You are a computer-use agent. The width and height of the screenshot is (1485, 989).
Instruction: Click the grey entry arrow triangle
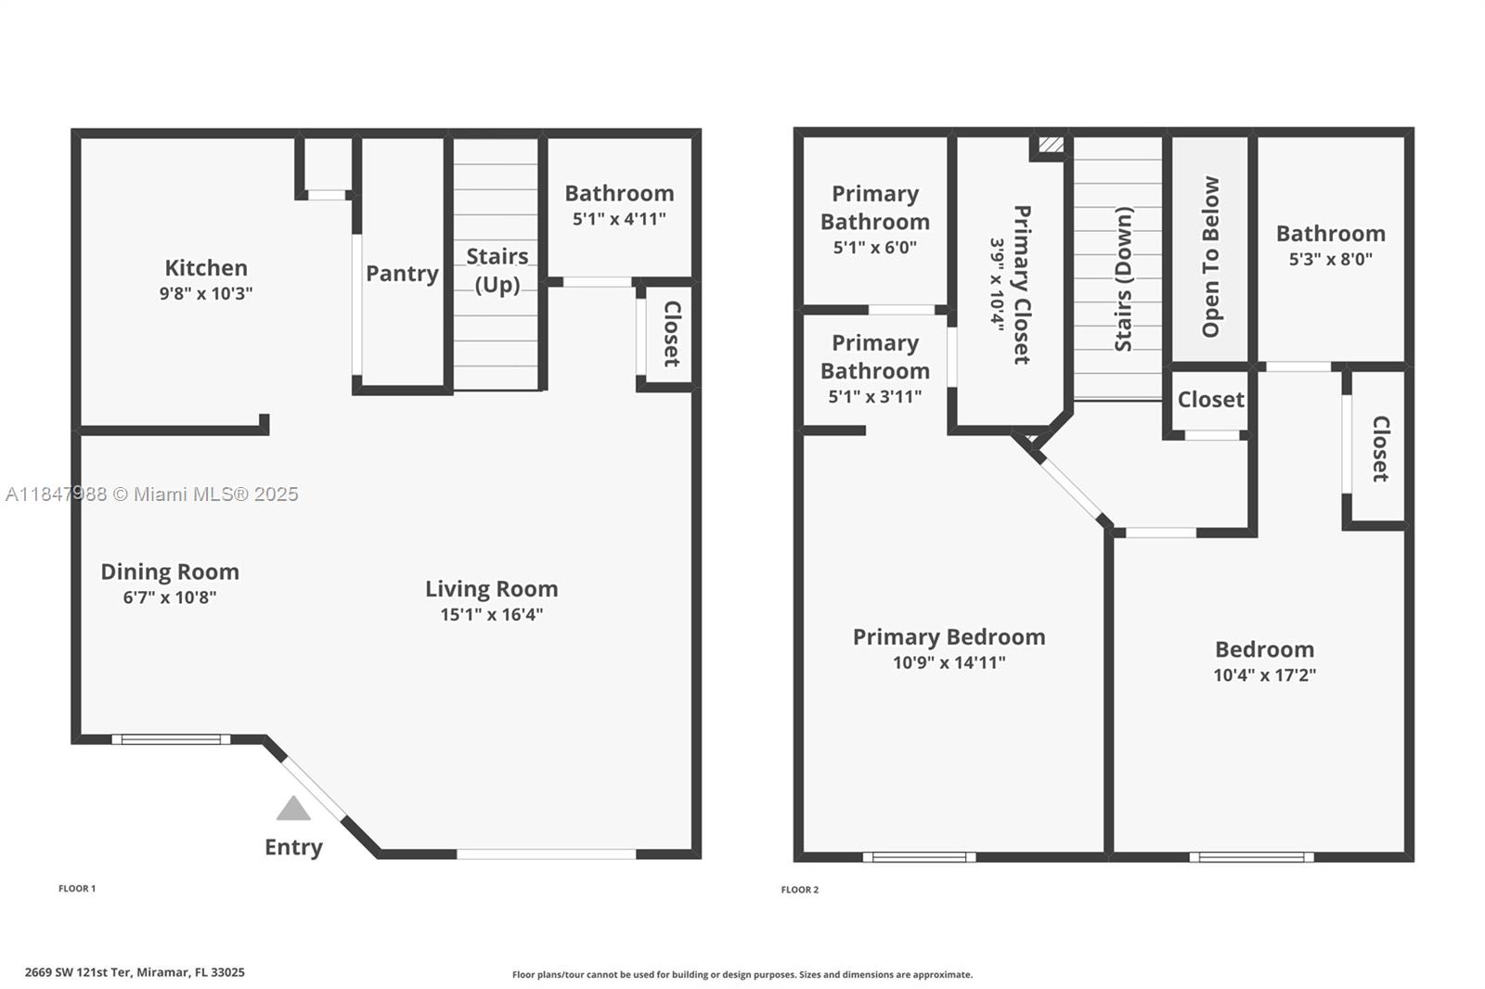[293, 810]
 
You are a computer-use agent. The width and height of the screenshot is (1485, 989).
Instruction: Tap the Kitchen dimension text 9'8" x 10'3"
[206, 293]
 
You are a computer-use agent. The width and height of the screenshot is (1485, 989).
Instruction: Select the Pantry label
[403, 273]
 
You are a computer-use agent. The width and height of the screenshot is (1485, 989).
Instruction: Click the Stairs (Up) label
[497, 271]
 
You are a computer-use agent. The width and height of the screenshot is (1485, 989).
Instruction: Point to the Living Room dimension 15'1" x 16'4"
[492, 614]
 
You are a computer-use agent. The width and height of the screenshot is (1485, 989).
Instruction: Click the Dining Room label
[170, 572]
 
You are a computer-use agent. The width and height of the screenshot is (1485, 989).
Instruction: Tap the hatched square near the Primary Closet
[1051, 144]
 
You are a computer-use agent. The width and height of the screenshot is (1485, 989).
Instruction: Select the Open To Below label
[1210, 257]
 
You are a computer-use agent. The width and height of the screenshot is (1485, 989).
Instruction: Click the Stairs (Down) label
[1124, 278]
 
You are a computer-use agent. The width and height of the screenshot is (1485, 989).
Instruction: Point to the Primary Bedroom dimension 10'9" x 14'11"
[949, 662]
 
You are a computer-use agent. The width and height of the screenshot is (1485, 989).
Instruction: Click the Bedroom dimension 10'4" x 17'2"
[1265, 674]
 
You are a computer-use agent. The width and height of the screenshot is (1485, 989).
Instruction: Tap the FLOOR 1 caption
[77, 888]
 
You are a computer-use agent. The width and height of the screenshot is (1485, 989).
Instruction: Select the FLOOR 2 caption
[799, 890]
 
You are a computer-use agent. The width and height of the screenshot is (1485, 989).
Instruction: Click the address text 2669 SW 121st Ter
[79, 972]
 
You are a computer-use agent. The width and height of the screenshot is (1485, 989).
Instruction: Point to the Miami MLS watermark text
[152, 494]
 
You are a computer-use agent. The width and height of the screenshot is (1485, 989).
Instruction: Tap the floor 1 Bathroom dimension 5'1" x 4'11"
[619, 219]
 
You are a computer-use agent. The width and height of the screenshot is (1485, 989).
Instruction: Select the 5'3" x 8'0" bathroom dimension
[1331, 259]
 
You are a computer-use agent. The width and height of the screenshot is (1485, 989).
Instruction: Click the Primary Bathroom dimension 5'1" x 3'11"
[875, 396]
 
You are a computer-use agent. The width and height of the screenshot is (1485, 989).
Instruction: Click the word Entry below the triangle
[293, 847]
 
